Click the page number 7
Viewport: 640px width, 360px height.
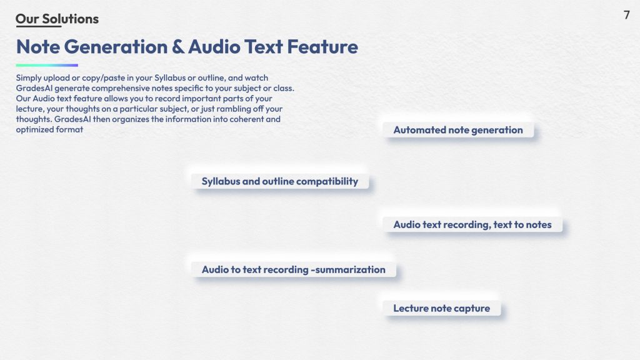click(626, 15)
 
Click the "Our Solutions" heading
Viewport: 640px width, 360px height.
click(57, 19)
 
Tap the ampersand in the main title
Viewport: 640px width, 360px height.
click(177, 46)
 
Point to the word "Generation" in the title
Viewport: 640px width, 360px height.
click(116, 46)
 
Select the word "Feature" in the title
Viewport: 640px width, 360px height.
click(322, 46)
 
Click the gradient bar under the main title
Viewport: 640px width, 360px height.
click(47, 65)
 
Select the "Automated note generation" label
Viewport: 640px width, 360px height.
click(458, 130)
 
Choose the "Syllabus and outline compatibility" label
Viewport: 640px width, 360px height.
click(279, 181)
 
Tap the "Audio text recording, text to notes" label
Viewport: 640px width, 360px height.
click(472, 224)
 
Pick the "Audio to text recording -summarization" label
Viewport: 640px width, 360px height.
click(294, 269)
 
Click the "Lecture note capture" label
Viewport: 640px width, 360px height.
click(442, 308)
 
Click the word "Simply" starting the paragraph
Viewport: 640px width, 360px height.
click(29, 78)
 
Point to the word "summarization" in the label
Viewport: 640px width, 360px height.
click(350, 269)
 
